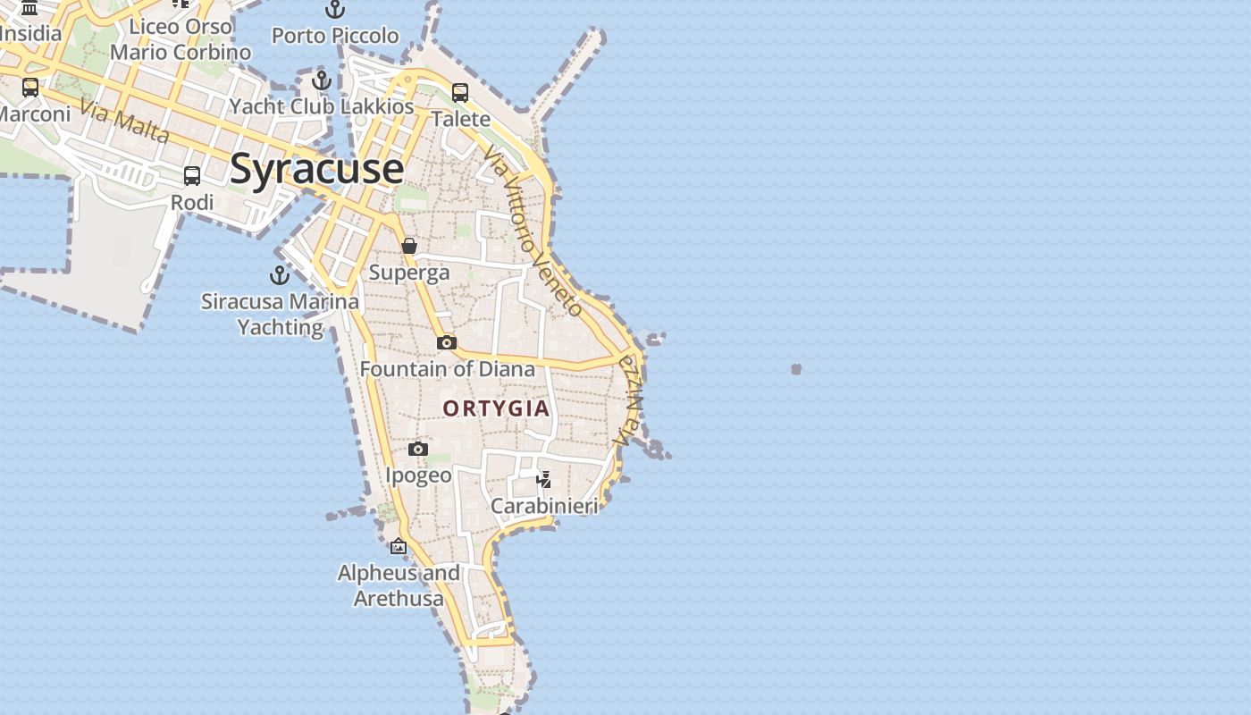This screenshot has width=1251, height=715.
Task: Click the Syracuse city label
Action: click(x=316, y=169)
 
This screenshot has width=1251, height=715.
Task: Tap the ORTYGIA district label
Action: click(x=496, y=408)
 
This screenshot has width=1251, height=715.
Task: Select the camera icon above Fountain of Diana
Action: click(x=447, y=342)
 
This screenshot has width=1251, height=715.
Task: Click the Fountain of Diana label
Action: click(x=447, y=368)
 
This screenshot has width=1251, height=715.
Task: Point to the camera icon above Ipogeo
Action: click(x=418, y=449)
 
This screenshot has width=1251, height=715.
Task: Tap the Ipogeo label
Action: click(x=418, y=475)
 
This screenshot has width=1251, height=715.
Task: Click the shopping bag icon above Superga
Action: click(x=409, y=246)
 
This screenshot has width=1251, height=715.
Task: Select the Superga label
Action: click(x=409, y=273)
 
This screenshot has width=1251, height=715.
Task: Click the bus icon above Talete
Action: click(x=460, y=92)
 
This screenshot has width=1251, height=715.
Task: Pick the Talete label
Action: click(x=460, y=119)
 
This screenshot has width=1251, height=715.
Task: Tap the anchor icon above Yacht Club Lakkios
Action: click(x=322, y=80)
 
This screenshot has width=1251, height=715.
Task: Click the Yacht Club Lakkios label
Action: click(x=322, y=106)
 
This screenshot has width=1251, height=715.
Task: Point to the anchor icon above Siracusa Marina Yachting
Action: click(x=280, y=275)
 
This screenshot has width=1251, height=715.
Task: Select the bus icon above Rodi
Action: click(x=192, y=176)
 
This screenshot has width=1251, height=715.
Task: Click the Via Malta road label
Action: click(x=124, y=122)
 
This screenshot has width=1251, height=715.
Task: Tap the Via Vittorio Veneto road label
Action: click(x=533, y=231)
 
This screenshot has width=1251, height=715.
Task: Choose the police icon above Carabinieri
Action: click(x=544, y=480)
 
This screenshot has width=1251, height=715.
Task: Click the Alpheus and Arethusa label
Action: click(x=399, y=585)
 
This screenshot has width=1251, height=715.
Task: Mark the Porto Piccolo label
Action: click(x=335, y=36)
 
